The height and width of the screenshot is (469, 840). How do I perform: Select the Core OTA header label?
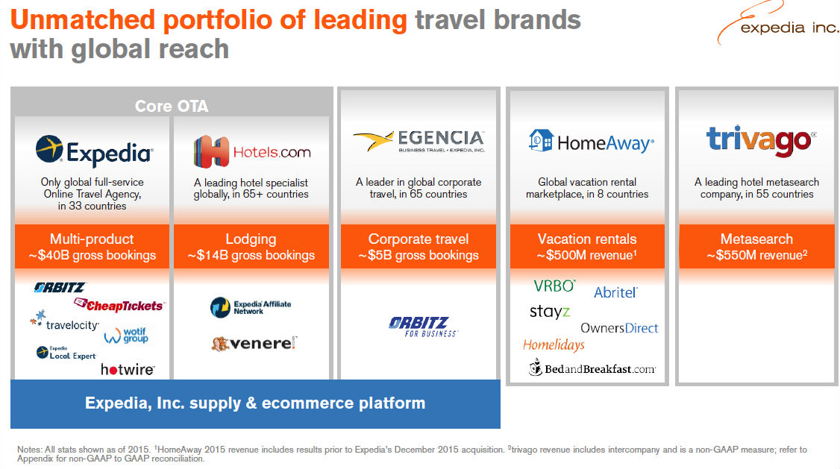(172, 106)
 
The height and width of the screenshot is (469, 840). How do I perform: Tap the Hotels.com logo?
(252, 152)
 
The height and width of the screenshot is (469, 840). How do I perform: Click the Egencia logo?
(419, 142)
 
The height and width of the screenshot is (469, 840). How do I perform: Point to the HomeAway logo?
(591, 142)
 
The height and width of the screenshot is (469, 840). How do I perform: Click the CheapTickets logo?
(119, 305)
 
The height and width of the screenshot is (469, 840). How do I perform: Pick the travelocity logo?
(65, 321)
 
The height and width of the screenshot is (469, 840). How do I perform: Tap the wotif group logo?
(126, 335)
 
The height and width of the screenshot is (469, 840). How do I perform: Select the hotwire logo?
(128, 369)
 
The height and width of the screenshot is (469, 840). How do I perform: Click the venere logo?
(254, 343)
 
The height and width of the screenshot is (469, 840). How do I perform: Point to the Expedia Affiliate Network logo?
(251, 307)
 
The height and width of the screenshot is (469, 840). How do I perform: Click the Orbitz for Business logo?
(423, 327)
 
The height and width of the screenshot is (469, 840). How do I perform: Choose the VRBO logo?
(554, 286)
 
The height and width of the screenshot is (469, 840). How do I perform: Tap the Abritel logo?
(615, 292)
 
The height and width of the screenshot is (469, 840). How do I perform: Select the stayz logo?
(550, 312)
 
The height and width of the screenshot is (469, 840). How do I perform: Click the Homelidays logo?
(554, 345)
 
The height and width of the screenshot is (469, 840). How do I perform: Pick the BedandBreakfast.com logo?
(592, 368)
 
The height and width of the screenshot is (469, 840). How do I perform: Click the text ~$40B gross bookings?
(93, 256)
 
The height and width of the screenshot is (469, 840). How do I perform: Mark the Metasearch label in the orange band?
(756, 239)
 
